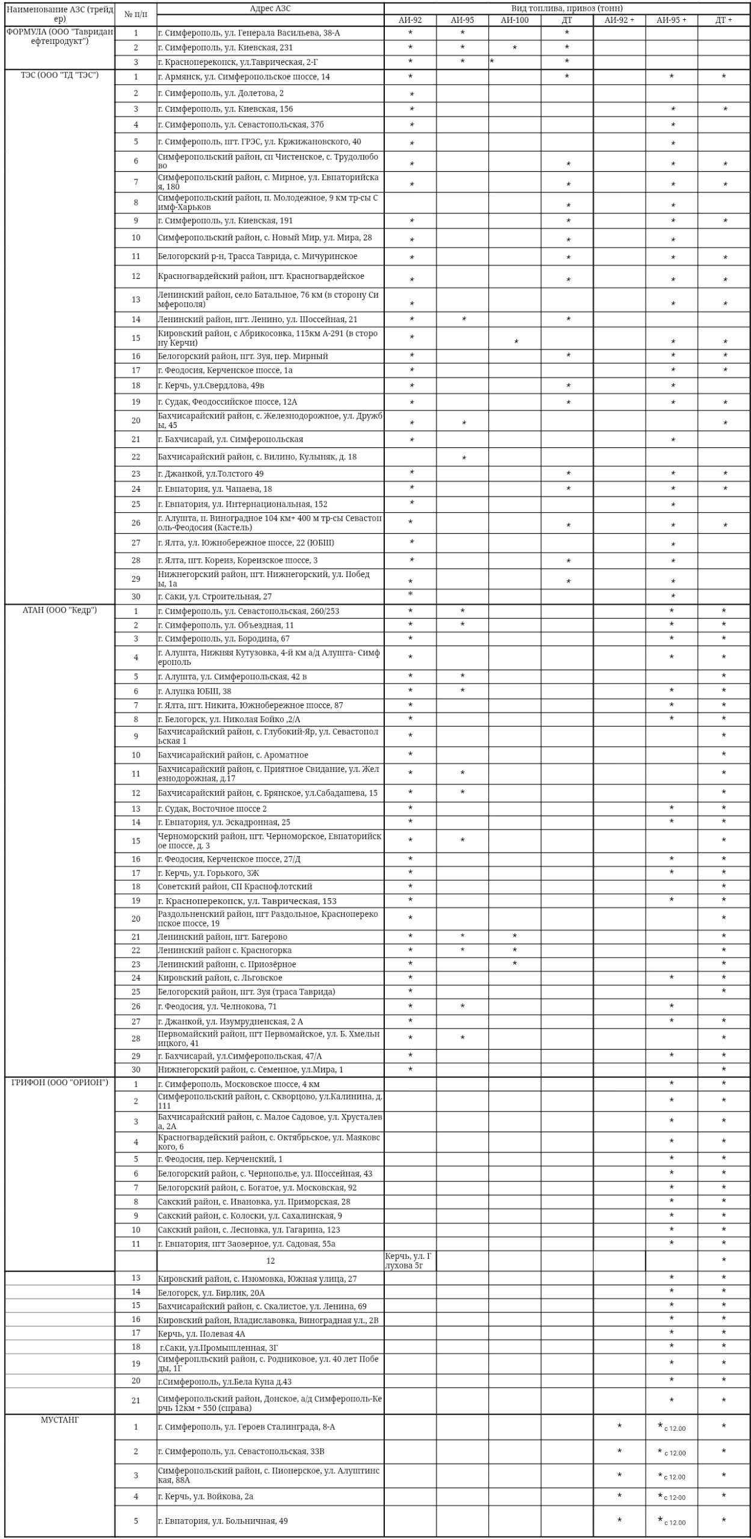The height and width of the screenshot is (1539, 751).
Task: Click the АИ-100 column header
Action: pyautogui.click(x=514, y=20)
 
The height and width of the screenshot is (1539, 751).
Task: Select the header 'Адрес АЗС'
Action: pyautogui.click(x=270, y=8)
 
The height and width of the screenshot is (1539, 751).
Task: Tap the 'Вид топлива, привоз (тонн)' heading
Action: pyautogui.click(x=566, y=8)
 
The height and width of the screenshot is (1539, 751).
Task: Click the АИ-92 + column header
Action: pyautogui.click(x=619, y=20)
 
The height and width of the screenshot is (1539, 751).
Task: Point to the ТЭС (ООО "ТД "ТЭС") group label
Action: pyautogui.click(x=60, y=75)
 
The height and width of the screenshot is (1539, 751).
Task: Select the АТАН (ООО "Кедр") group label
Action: pyautogui.click(x=60, y=610)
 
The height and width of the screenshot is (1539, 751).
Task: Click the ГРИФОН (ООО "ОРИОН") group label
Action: pyautogui.click(x=60, y=1083)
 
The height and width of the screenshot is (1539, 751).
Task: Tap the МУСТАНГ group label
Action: pyautogui.click(x=60, y=1420)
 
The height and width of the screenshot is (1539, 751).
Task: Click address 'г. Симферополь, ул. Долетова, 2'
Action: pyautogui.click(x=221, y=93)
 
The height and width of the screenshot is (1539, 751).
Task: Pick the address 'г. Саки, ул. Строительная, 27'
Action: pyautogui.click(x=215, y=596)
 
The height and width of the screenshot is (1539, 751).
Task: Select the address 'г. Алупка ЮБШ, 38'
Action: pyautogui.click(x=194, y=691)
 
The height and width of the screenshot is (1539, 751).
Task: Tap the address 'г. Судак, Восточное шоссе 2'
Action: pyautogui.click(x=212, y=809)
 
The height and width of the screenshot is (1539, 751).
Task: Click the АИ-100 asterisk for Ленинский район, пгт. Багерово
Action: pyautogui.click(x=515, y=936)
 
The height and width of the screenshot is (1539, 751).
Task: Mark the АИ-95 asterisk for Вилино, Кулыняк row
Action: pyautogui.click(x=464, y=458)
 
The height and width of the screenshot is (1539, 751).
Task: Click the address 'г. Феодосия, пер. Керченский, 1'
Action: pyautogui.click(x=220, y=1158)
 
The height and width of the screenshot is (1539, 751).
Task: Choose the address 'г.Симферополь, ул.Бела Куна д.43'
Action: pyautogui.click(x=224, y=1381)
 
